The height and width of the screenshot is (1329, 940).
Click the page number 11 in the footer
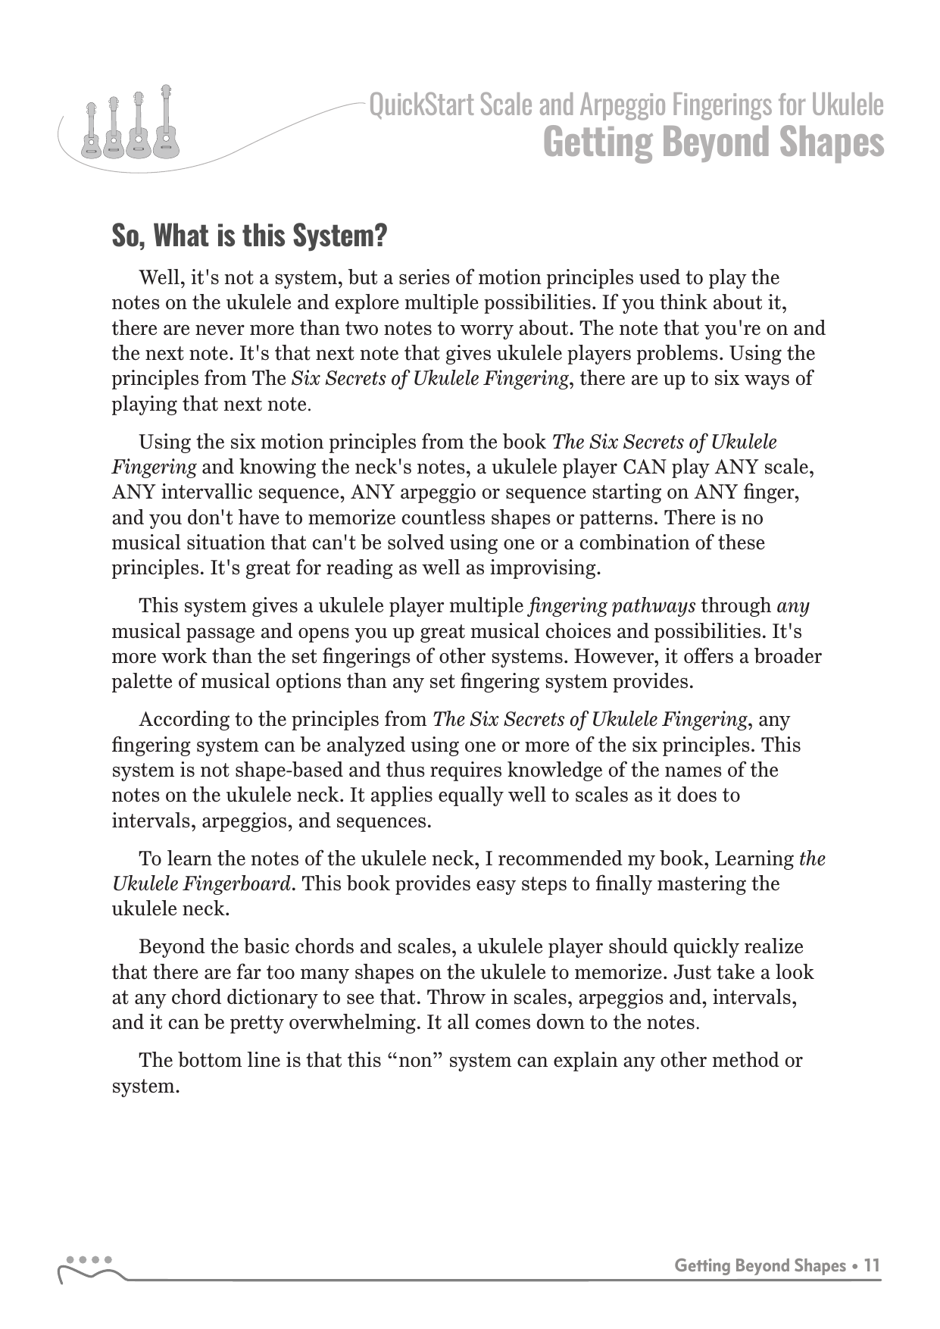point(872,1266)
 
